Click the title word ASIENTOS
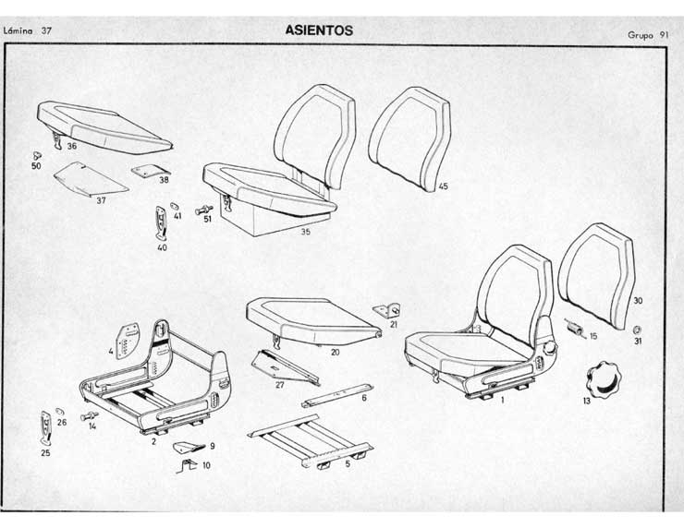coord(319,30)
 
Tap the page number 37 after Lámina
coord(46,30)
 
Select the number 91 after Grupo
coord(663,35)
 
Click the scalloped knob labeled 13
coord(604,379)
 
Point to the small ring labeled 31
coord(638,330)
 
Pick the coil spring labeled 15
coord(575,327)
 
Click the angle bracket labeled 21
coord(387,310)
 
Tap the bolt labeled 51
coord(203,210)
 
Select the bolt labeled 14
coord(90,416)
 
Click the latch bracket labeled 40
coord(162,223)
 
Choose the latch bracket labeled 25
coord(46,427)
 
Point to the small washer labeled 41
coord(175,205)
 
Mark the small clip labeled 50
coord(37,155)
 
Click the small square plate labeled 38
coord(151,171)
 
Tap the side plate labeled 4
coord(127,342)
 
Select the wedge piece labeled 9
coord(189,447)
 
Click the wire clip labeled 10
coord(187,466)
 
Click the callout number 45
coord(443,186)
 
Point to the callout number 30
coord(638,301)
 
